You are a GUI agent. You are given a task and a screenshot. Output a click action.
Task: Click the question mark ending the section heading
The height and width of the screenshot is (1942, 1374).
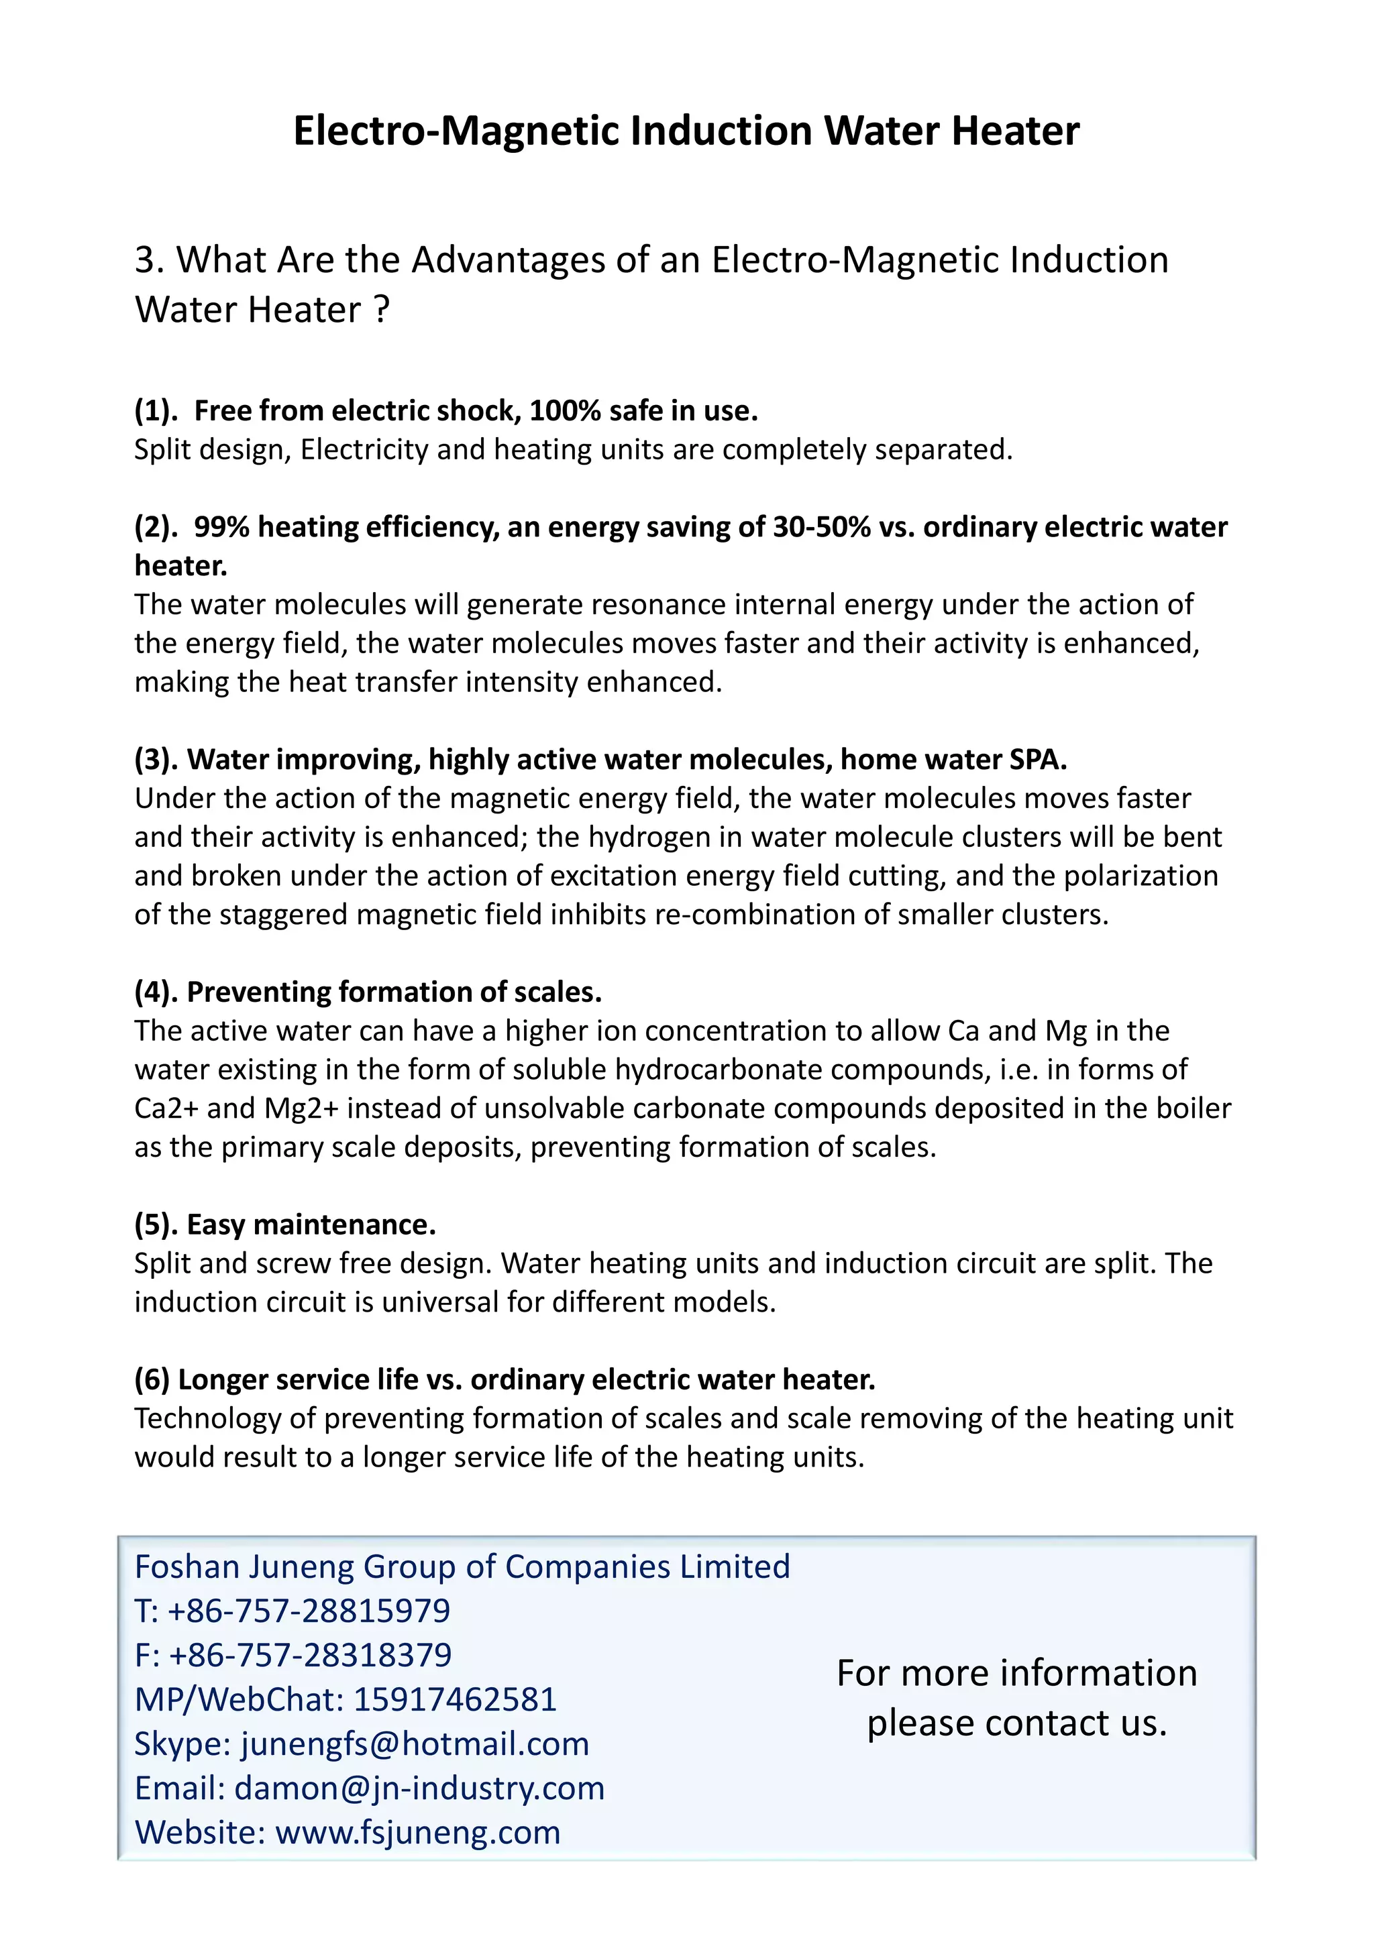pos(382,310)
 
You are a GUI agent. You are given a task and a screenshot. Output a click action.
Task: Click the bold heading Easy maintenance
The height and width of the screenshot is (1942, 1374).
pos(311,1224)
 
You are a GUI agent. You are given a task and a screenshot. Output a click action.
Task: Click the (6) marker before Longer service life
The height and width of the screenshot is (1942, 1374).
pos(152,1379)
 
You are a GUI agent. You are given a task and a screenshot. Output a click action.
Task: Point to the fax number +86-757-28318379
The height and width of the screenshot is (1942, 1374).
pos(310,1655)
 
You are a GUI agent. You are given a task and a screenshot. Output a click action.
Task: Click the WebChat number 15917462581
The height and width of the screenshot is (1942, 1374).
pos(454,1700)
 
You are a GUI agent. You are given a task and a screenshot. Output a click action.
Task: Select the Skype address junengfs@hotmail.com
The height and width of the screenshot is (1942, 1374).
pos(415,1744)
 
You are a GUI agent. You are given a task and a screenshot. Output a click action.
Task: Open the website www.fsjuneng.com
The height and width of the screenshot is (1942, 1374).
pos(418,1833)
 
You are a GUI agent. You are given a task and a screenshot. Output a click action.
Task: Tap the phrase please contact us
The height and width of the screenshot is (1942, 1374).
pos(1017,1724)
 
